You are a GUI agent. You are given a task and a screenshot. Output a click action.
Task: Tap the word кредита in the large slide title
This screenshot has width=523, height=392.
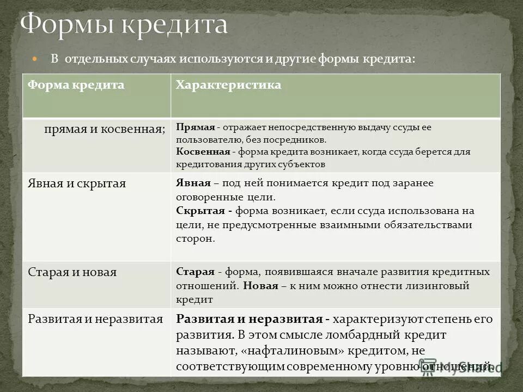tap(174, 25)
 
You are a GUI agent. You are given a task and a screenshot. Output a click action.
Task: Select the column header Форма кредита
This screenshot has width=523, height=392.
tap(76, 85)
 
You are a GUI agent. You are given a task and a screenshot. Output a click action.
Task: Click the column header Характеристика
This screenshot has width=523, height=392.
tap(228, 85)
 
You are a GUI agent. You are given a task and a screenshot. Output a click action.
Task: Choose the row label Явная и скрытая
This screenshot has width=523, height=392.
tap(77, 183)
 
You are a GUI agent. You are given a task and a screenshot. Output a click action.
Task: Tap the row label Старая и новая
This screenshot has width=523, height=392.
tap(72, 272)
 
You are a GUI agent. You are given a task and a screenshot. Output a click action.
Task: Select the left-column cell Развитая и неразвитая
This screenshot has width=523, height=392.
tap(95, 320)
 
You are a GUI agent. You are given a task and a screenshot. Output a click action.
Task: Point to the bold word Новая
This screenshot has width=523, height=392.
tap(261, 285)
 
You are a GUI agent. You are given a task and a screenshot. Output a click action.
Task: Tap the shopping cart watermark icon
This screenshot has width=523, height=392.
tap(428, 366)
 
